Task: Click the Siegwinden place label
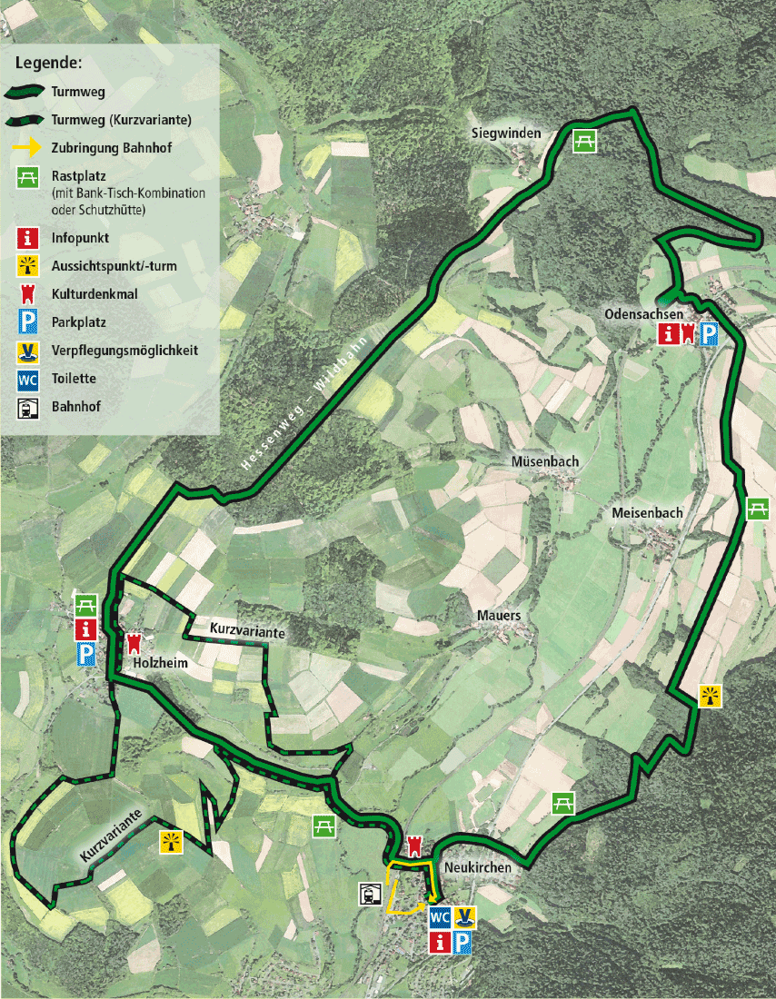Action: click(x=505, y=134)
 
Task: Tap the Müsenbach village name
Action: click(x=545, y=461)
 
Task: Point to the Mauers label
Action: click(x=499, y=616)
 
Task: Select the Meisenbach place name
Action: click(x=647, y=513)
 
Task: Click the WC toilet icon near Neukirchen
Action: click(x=440, y=916)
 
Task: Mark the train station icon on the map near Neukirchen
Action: click(x=371, y=894)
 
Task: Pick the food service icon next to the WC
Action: click(x=465, y=916)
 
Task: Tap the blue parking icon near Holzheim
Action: click(x=85, y=655)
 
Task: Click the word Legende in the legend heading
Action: click(x=48, y=64)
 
